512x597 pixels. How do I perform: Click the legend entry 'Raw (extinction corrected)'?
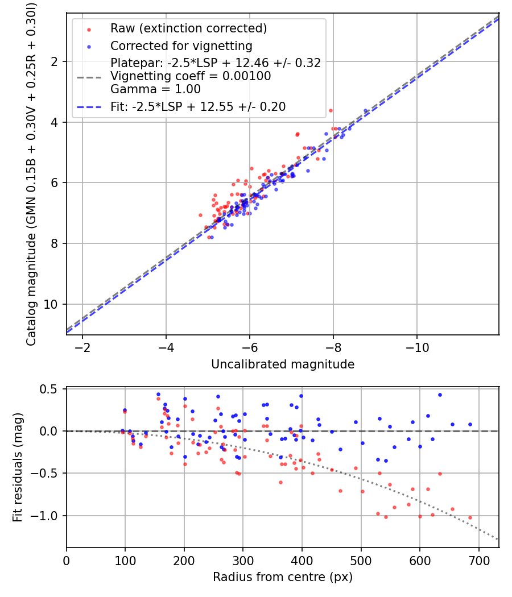[188, 28]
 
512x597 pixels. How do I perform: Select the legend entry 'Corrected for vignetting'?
[181, 45]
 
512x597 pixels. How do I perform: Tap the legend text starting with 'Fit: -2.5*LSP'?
[198, 106]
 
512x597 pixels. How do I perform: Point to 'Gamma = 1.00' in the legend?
[155, 89]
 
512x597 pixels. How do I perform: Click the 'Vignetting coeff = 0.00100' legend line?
[191, 76]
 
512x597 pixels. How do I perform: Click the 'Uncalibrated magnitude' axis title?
[283, 364]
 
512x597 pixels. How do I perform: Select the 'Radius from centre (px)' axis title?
[283, 577]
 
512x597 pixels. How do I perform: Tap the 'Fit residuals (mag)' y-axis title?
[18, 467]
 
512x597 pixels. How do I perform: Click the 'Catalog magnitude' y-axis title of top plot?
[32, 173]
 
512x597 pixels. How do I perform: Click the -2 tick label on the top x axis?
[82, 347]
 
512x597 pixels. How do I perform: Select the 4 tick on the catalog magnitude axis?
[55, 122]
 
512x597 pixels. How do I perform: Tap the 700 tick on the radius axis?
[478, 559]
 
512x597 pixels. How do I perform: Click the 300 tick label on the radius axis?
[243, 559]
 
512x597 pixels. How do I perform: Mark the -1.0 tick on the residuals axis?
[48, 516]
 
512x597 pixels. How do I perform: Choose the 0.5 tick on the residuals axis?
[51, 389]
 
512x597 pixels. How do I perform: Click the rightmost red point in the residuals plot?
[470, 517]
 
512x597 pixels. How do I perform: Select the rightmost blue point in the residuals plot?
[470, 424]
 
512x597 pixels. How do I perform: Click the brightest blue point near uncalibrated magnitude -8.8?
[366, 111]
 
